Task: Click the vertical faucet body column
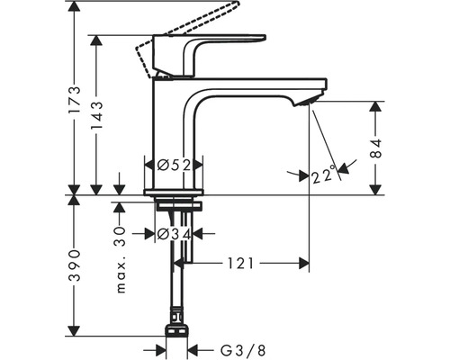[x=173, y=135]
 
